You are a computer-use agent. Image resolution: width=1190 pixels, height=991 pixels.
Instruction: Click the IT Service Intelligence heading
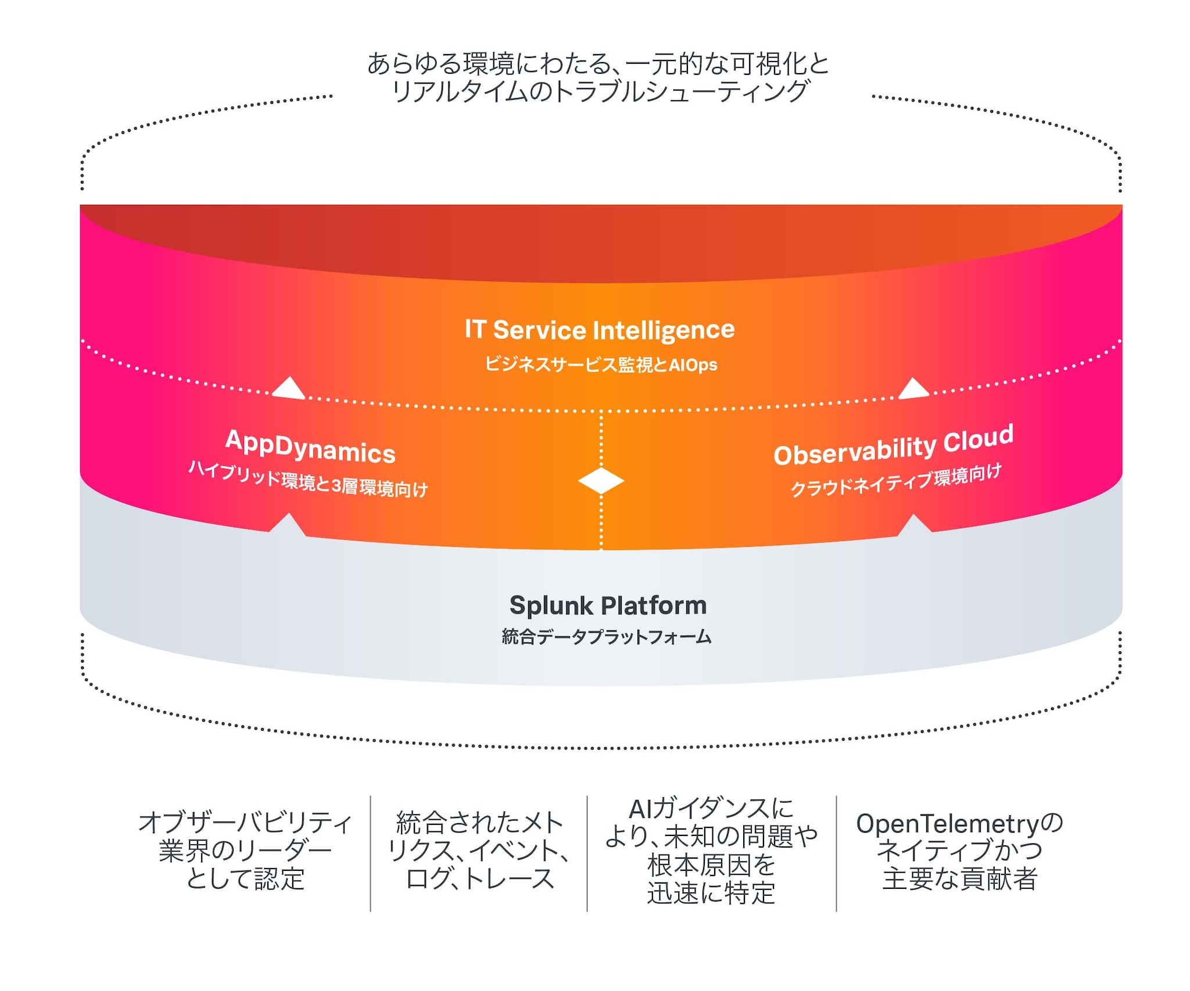point(600,330)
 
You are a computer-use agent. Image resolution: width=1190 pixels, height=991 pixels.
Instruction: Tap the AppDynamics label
point(310,447)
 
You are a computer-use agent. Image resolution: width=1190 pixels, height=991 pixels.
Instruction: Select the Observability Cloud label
point(893,446)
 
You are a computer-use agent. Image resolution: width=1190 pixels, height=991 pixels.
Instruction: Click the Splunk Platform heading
point(608,606)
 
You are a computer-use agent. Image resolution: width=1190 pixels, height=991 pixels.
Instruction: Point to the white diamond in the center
point(601,481)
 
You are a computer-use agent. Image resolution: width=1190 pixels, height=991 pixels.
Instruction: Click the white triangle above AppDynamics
point(289,389)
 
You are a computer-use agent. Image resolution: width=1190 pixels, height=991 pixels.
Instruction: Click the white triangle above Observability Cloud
point(913,389)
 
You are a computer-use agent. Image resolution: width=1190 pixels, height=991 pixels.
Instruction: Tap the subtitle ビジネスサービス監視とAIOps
point(601,365)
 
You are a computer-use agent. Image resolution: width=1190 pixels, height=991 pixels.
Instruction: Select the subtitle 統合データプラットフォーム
point(606,637)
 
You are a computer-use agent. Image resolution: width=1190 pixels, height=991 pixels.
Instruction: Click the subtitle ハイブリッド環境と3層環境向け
point(309,480)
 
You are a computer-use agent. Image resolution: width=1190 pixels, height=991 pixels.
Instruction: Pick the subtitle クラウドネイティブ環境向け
point(896,480)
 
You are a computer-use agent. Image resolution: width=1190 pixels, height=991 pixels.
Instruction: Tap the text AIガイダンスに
point(711,809)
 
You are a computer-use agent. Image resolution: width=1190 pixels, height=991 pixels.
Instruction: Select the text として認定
point(245,878)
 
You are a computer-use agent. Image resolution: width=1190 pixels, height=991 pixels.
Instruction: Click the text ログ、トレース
point(480,878)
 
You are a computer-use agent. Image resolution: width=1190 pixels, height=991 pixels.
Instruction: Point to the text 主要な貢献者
point(960,878)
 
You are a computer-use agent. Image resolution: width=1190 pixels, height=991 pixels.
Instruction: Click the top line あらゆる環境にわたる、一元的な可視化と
point(598,64)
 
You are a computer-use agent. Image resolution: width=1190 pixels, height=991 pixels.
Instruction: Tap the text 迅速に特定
point(711,893)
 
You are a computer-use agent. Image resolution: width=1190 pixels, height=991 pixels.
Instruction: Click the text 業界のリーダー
point(245,851)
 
